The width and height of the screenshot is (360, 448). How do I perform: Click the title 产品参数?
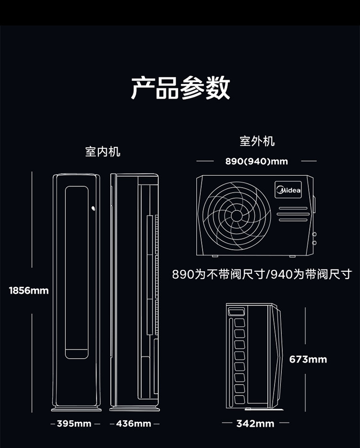[180, 88]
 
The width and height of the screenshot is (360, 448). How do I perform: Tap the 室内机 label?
[103, 152]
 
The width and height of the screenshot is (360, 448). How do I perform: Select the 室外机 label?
[257, 141]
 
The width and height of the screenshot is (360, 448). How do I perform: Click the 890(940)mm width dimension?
[257, 161]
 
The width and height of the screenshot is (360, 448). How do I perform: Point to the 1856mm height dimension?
[29, 291]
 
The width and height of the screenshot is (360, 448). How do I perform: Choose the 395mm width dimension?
[74, 424]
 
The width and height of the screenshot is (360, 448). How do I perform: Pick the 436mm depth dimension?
[133, 424]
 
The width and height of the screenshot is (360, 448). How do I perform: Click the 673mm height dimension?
[308, 359]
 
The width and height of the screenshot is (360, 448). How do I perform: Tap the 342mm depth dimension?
[255, 424]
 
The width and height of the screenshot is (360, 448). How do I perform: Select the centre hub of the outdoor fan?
[236, 216]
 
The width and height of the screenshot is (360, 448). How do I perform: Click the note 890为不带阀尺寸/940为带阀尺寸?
[262, 275]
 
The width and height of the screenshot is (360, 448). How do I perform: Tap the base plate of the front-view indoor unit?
[76, 408]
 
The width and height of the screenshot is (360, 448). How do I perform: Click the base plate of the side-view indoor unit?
[134, 408]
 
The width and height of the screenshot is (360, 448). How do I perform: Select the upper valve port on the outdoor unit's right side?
[314, 235]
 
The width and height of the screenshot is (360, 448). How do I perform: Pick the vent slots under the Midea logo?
[292, 214]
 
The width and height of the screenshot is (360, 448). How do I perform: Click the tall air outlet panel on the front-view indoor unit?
[77, 271]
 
